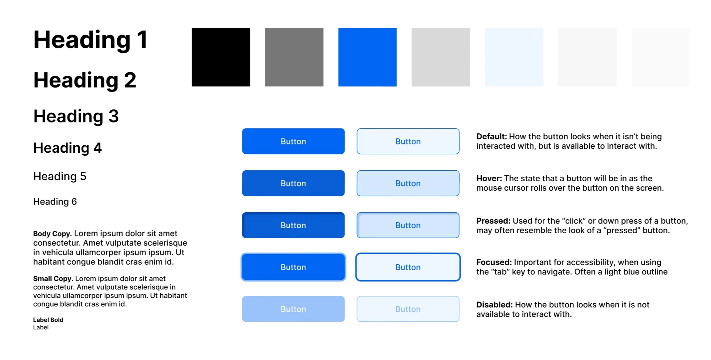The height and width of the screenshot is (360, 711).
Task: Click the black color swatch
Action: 221,57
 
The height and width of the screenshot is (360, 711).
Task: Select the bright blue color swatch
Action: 367,57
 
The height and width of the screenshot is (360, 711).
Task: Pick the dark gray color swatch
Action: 294,57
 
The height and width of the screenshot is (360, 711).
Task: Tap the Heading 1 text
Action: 90,40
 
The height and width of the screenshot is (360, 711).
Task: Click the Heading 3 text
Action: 76,116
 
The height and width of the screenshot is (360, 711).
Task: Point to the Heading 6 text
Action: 55,202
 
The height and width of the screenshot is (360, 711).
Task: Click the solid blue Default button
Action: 293,141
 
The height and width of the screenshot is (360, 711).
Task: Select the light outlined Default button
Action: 408,141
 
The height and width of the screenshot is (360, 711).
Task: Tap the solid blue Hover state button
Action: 293,183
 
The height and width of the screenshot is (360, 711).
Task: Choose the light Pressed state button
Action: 408,225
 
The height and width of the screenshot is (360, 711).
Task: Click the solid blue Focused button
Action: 293,267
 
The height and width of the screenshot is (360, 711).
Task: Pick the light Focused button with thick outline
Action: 408,267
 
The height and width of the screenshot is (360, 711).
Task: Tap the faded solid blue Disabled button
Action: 293,309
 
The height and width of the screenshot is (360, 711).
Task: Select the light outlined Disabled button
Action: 408,309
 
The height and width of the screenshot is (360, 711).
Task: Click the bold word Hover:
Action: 489,179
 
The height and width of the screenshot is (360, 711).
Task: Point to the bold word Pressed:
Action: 493,221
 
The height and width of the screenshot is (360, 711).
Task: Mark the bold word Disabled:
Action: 494,305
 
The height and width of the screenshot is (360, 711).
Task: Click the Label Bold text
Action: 48,320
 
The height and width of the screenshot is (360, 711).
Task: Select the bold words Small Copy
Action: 52,279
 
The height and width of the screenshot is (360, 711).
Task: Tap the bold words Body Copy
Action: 52,234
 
